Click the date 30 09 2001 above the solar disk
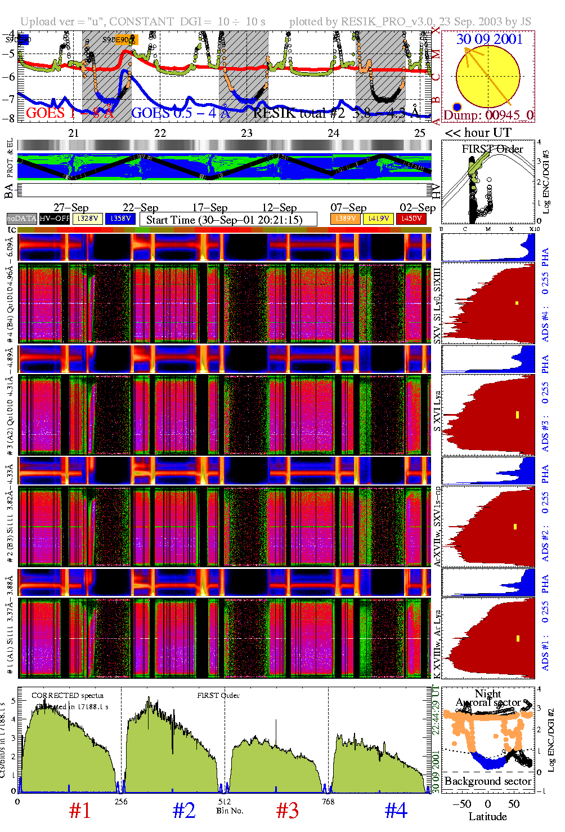tap(489, 39)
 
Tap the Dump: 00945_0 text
tap(488, 115)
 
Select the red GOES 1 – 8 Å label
tap(69, 113)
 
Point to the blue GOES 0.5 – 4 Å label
tap(181, 113)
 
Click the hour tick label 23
tap(246, 134)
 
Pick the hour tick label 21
tap(73, 134)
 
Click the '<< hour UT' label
tap(478, 134)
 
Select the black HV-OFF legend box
tap(55, 219)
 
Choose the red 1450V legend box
tap(411, 219)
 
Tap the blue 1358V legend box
tap(120, 219)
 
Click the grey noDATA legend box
tap(22, 219)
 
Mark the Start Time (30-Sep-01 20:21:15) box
tap(228, 220)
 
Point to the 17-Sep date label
tap(210, 208)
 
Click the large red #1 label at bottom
tap(80, 811)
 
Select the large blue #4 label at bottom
tap(396, 811)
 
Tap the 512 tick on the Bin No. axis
tap(225, 802)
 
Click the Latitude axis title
tap(487, 817)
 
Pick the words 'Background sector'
tap(487, 781)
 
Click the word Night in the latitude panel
tap(487, 694)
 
